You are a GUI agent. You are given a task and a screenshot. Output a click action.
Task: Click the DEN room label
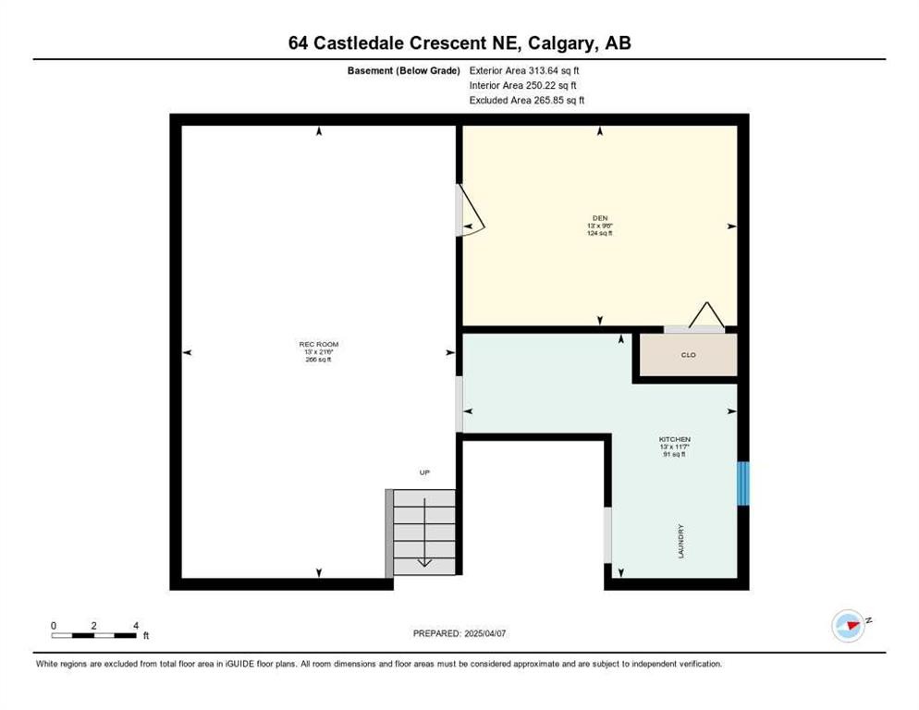[x=599, y=218]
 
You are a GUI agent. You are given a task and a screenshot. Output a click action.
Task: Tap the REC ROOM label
[x=317, y=345]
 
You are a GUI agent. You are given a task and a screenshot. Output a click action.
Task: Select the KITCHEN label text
[x=674, y=439]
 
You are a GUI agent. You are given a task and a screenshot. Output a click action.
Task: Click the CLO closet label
[x=687, y=355]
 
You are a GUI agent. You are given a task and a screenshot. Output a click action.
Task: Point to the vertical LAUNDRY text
[x=680, y=541]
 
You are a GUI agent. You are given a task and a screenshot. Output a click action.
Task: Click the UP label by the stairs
[x=424, y=472]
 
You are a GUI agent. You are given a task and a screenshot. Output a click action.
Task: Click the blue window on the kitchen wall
[x=742, y=484]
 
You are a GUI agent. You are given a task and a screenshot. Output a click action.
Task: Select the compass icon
[x=848, y=626]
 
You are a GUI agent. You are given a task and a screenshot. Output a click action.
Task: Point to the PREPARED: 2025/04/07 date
[x=459, y=633]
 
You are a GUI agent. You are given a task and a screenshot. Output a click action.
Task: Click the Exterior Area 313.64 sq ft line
[x=524, y=70]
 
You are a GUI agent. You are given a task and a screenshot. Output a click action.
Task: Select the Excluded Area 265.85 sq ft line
[x=527, y=100]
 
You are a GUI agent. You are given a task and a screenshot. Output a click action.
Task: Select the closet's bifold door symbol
[x=705, y=316]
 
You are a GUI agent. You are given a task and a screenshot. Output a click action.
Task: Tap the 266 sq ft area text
[x=317, y=360]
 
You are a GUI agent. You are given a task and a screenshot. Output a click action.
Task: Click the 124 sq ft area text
[x=599, y=233]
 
